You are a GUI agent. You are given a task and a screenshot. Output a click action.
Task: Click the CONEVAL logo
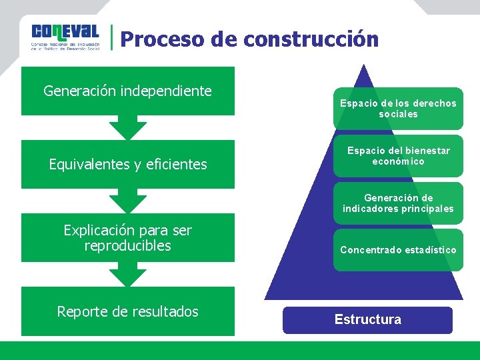click(x=65, y=37)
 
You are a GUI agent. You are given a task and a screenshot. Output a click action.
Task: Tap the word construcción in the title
click(x=311, y=39)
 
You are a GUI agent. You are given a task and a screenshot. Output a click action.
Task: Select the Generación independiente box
click(x=127, y=91)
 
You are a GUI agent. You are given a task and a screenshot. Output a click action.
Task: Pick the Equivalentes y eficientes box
click(x=127, y=164)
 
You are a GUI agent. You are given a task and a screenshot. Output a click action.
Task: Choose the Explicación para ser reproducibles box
click(x=127, y=238)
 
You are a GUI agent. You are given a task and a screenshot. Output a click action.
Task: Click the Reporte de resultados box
click(x=127, y=311)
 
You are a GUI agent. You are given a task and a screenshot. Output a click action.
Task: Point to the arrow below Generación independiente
click(x=127, y=127)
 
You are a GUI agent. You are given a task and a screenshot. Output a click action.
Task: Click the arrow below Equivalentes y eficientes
click(x=127, y=200)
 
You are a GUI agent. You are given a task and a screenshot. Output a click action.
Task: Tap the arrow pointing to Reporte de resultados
click(x=127, y=273)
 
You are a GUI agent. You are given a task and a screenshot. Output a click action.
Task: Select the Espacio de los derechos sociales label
click(x=398, y=109)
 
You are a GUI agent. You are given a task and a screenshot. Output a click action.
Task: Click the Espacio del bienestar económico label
click(x=398, y=156)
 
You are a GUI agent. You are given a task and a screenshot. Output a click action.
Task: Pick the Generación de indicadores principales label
click(x=398, y=203)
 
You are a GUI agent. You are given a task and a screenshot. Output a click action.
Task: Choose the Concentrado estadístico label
click(x=398, y=250)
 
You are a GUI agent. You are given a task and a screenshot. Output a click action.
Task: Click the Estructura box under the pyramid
click(x=367, y=320)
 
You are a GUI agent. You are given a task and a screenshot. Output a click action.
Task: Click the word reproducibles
click(x=127, y=246)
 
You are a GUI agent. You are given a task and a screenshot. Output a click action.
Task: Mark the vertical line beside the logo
click(x=111, y=38)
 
